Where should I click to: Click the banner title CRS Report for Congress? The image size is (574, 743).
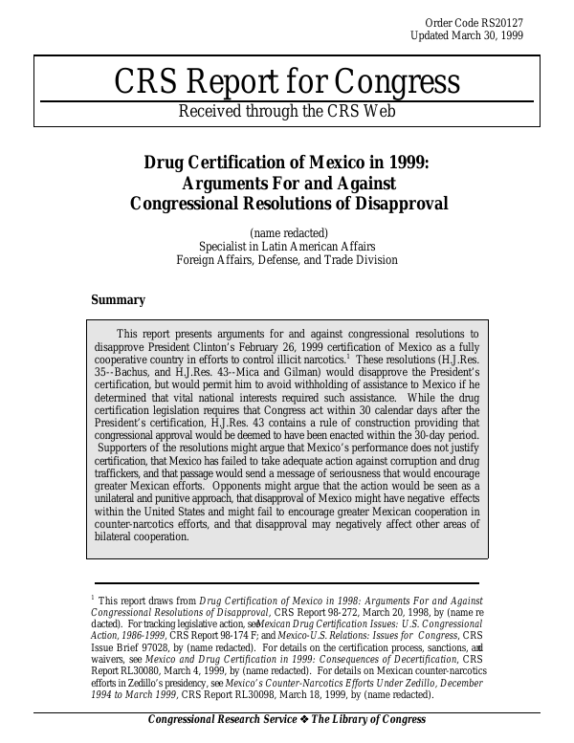click(287, 84)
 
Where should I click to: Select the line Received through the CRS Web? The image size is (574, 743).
click(287, 111)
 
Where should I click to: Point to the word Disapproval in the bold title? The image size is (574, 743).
click(399, 203)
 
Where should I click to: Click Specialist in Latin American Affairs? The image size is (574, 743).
click(287, 246)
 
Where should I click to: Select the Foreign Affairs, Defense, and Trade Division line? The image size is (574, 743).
click(287, 259)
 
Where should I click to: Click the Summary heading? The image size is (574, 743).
click(118, 299)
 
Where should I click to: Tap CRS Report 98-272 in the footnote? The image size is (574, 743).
click(312, 610)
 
